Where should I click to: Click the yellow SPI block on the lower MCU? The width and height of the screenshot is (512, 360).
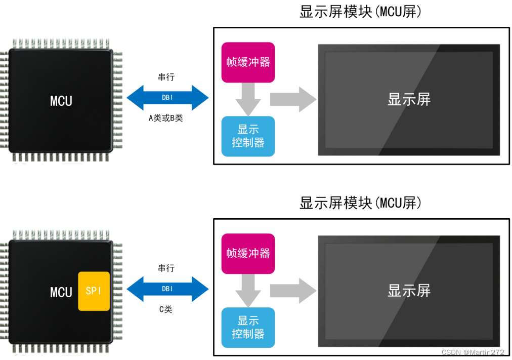[x=94, y=291]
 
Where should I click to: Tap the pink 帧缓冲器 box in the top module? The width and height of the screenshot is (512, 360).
[x=248, y=62]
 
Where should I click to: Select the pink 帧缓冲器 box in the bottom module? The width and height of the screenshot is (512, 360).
[x=248, y=253]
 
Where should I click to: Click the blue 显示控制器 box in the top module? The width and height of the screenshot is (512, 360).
[x=248, y=136]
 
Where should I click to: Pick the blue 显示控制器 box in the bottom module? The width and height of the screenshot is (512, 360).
[x=248, y=327]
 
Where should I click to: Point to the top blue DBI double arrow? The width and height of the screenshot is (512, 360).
[x=167, y=98]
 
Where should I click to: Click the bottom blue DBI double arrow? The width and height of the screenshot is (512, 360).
[x=167, y=289]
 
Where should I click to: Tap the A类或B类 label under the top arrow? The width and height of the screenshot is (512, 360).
[x=166, y=118]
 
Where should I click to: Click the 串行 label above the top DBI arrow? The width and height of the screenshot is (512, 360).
[x=166, y=77]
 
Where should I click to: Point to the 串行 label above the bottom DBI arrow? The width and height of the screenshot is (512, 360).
[x=166, y=268]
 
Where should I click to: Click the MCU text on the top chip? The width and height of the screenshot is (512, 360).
[x=61, y=101]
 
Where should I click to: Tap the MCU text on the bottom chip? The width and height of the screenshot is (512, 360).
[x=61, y=292]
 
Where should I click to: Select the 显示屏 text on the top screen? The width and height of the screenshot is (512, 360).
[x=409, y=99]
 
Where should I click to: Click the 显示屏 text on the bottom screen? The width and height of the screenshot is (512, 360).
[x=409, y=291]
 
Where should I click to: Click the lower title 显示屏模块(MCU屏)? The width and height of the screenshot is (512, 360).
[x=360, y=203]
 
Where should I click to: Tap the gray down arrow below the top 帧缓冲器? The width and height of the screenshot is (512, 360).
[x=248, y=99]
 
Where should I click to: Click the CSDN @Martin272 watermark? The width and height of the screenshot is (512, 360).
[x=473, y=352]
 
